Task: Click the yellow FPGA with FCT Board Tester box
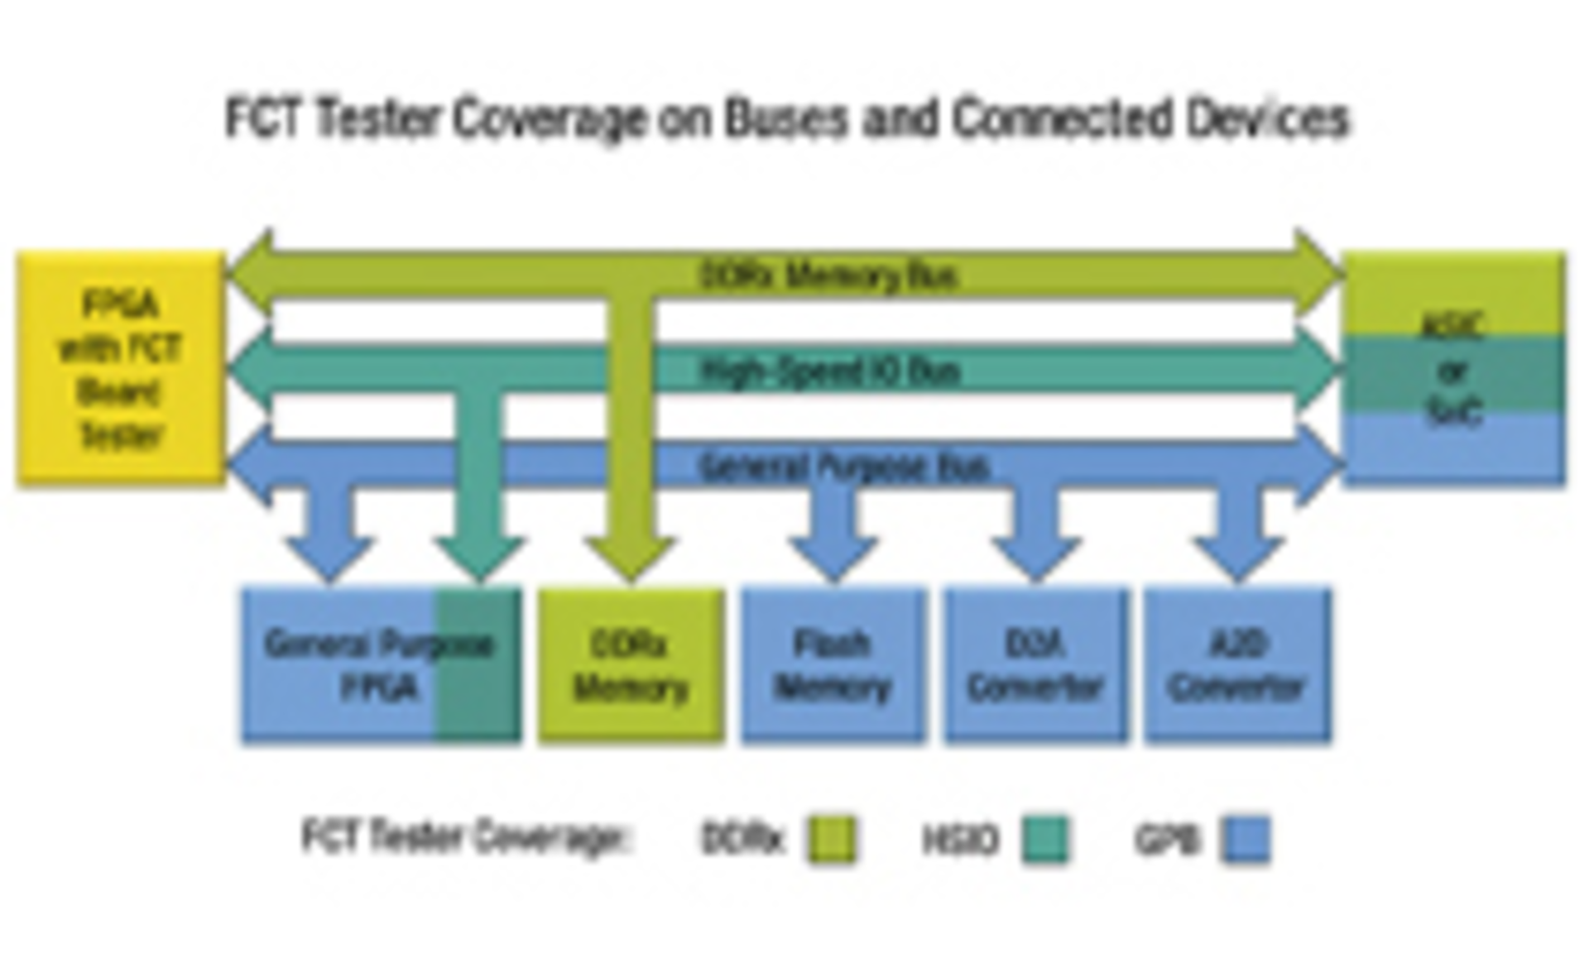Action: [121, 367]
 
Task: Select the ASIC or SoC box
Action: [1453, 369]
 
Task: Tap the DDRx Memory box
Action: [631, 666]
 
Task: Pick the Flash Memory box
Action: [833, 666]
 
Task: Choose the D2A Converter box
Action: [1035, 666]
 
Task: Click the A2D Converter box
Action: [1238, 666]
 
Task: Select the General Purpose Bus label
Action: [844, 467]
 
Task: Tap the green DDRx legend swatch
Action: [831, 840]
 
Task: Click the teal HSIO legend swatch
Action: [1044, 840]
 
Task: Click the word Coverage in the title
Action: [550, 118]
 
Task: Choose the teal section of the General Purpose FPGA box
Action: [478, 666]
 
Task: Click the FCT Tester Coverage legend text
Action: [465, 837]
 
